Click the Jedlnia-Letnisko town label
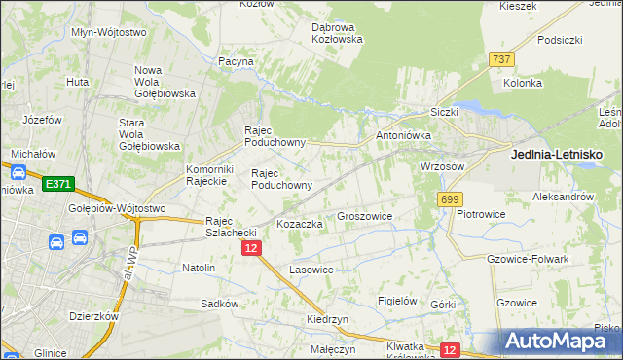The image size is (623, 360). pos(557,154)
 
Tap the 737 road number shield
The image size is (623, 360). pos(502,59)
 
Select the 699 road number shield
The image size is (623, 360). pos(449,199)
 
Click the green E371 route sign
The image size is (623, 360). pos(57,184)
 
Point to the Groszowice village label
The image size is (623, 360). pos(364,216)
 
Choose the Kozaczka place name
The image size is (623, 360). pos(299,224)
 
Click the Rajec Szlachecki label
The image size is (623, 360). pos(231,227)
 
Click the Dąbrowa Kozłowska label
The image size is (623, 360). pos(337,33)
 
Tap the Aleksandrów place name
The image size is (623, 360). pos(563,196)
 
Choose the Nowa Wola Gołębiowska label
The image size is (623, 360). pos(165,82)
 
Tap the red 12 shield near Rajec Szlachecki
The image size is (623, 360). pos(251,250)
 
